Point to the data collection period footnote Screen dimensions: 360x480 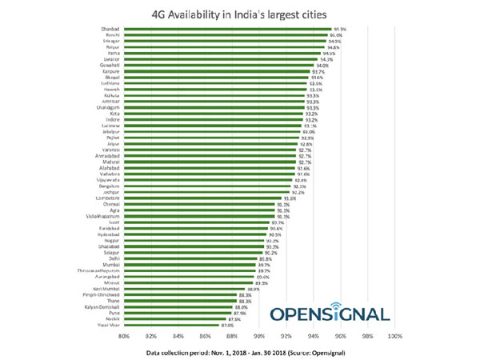pos(239,350)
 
